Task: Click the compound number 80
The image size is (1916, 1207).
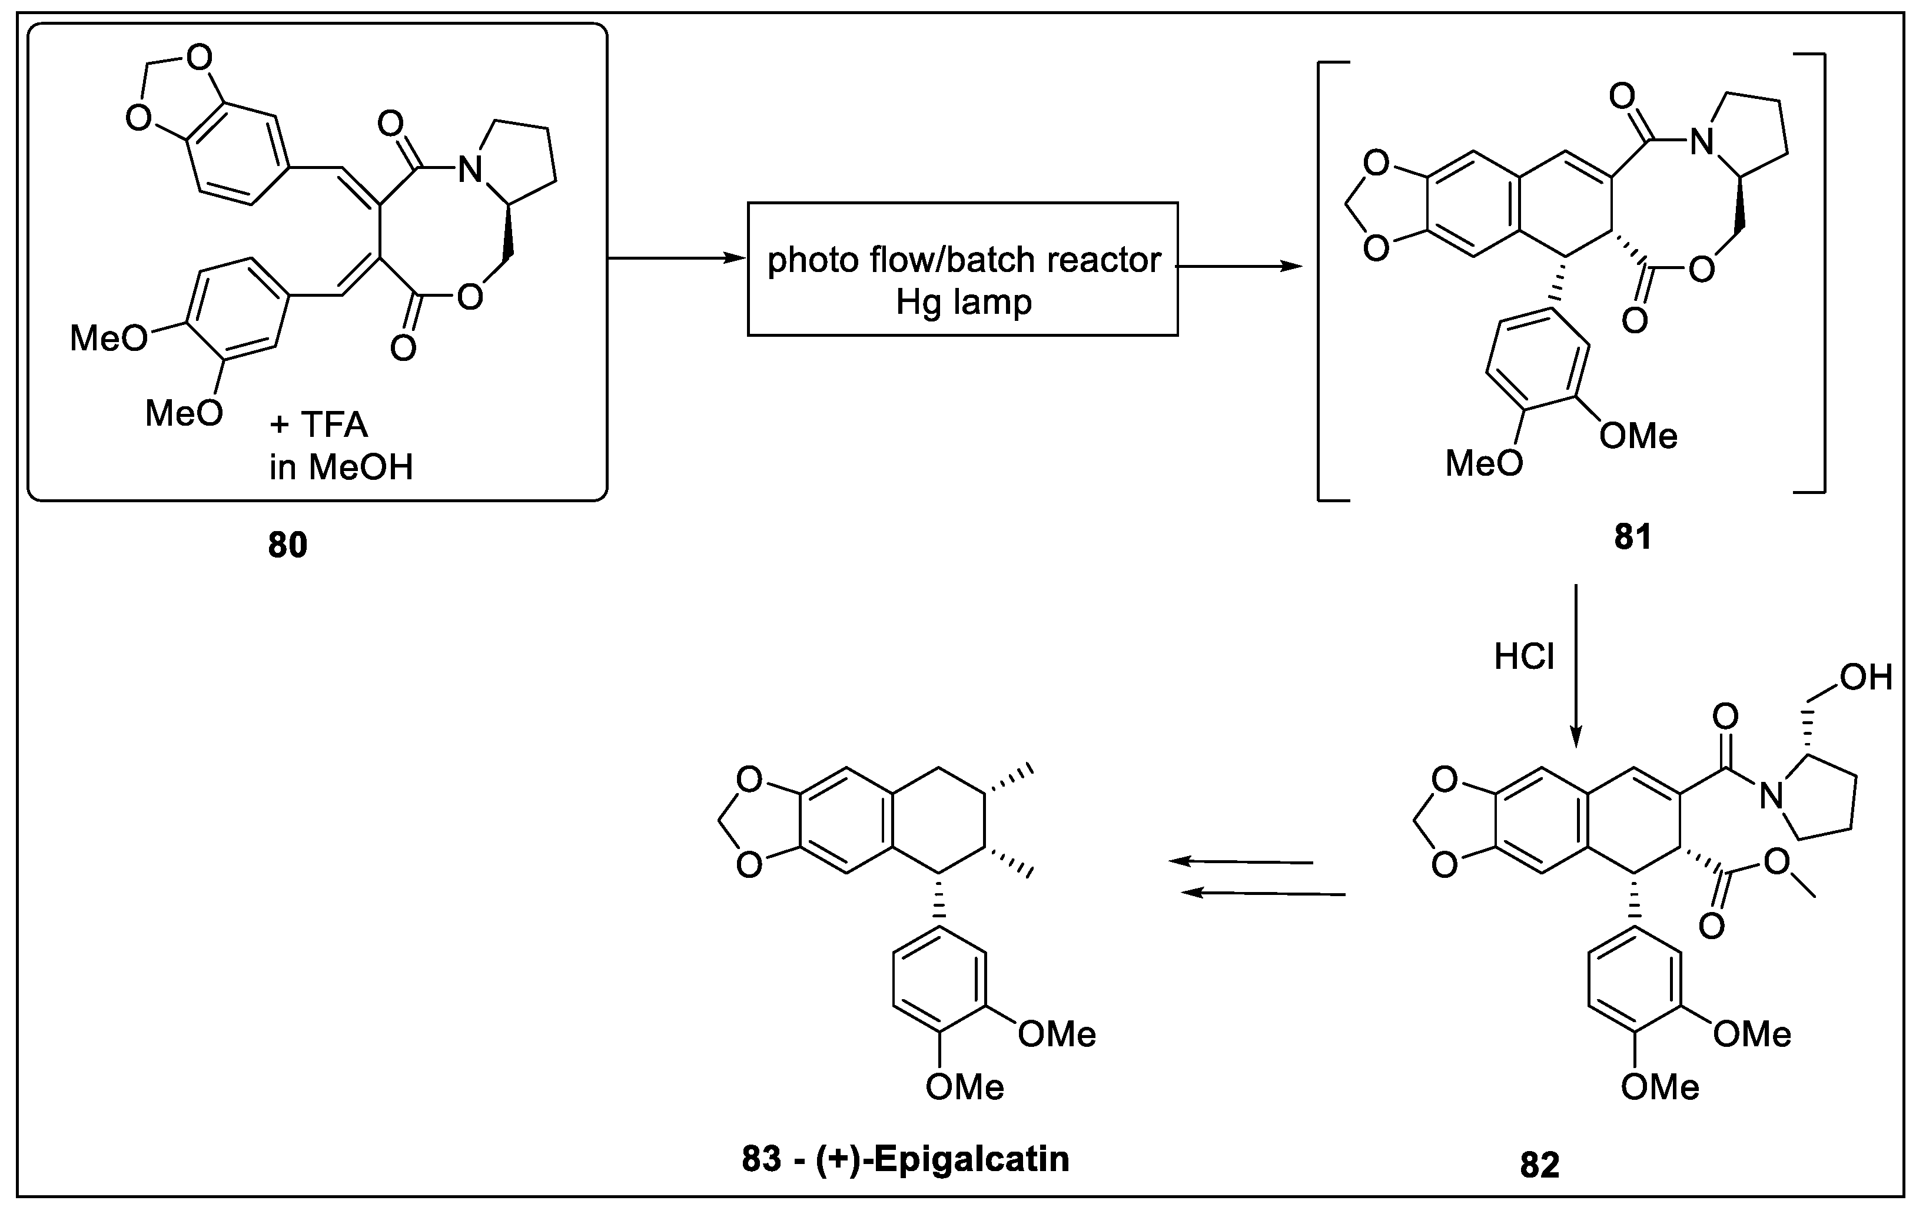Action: coord(287,545)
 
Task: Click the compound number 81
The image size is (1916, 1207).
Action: coord(1633,537)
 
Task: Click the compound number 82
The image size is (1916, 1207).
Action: coord(1540,1165)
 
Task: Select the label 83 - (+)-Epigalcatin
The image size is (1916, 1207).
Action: coord(905,1159)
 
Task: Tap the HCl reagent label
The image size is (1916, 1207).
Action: coord(1524,657)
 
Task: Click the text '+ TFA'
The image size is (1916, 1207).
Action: coord(318,425)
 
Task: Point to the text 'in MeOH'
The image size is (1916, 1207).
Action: coord(341,467)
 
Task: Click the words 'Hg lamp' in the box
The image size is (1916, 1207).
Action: coord(964,303)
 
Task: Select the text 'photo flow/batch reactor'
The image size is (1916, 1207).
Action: coord(964,260)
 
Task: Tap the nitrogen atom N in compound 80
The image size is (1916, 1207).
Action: coord(472,170)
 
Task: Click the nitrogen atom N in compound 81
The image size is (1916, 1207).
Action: coord(1701,143)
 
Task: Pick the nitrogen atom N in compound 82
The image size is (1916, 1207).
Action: coord(1771,795)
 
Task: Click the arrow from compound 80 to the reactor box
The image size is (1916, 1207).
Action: coord(676,258)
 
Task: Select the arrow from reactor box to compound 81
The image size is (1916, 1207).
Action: coord(1237,267)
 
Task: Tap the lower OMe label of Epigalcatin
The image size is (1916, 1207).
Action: coord(964,1087)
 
